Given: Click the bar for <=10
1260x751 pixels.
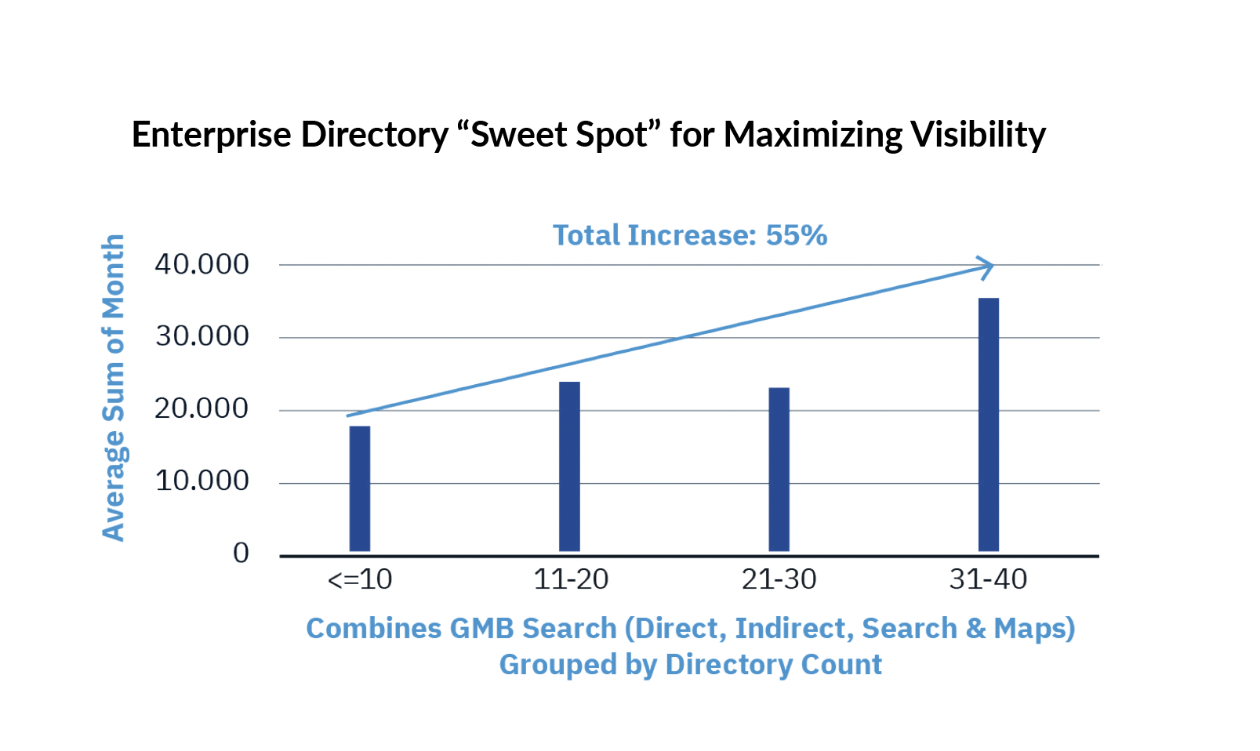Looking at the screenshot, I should [x=360, y=488].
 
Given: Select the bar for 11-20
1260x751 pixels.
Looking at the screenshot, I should [x=569, y=466].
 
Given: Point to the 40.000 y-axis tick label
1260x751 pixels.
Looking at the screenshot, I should [x=202, y=265].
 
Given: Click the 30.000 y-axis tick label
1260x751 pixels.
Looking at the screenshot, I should [x=202, y=337].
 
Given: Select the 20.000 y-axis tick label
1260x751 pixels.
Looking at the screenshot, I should [x=202, y=409].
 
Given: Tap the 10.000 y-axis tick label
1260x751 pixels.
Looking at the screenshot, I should [x=202, y=481].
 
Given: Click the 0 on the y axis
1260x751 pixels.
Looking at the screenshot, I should [x=241, y=553].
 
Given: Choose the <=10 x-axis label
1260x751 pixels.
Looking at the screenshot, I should [x=360, y=579].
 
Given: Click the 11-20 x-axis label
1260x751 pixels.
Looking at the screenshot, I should [x=571, y=579].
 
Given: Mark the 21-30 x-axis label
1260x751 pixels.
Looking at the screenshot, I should [x=779, y=579].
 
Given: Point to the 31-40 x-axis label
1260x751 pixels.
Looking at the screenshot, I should [x=988, y=579].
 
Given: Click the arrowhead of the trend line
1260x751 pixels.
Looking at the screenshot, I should [x=987, y=267].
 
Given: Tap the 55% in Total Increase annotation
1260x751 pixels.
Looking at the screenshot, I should [x=796, y=235].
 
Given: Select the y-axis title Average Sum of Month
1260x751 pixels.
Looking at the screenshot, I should [x=114, y=387].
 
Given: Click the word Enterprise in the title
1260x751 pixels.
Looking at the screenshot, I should [x=211, y=135].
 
